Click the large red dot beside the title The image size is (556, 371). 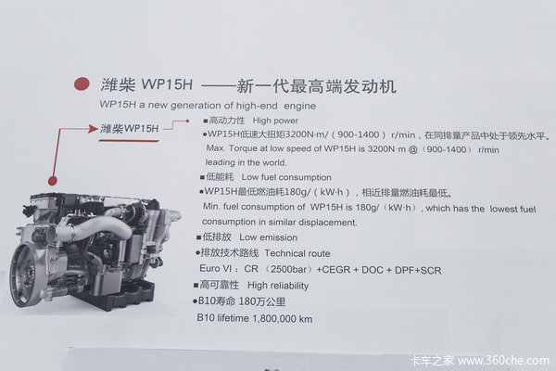[x=82, y=84]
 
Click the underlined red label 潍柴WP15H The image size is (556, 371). [x=129, y=128]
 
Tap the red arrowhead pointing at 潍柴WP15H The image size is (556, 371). [x=93, y=129]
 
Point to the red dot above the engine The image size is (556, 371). [x=53, y=181]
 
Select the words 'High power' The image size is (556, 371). [x=275, y=121]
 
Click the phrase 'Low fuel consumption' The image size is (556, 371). [x=286, y=177]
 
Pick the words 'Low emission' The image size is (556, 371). [x=268, y=237]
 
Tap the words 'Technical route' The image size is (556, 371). [x=297, y=253]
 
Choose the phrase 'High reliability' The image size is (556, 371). [x=278, y=286]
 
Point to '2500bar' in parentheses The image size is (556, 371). [x=288, y=269]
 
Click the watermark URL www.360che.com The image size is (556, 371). [x=503, y=361]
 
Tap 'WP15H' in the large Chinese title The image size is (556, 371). [x=167, y=84]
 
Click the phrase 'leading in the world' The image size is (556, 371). [x=246, y=162]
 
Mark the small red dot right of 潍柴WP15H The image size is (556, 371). [x=187, y=122]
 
